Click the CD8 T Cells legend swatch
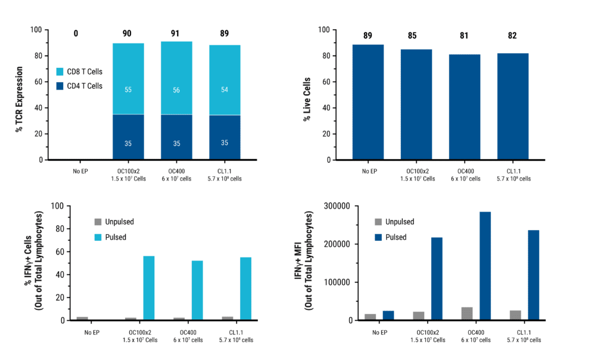point(60,72)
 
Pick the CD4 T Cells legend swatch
point(60,86)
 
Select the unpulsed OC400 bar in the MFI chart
point(468,314)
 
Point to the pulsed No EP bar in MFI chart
point(389,315)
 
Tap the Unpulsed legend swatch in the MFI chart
point(378,222)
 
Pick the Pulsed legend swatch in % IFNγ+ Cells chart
point(98,237)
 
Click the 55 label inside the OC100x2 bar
point(128,89)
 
